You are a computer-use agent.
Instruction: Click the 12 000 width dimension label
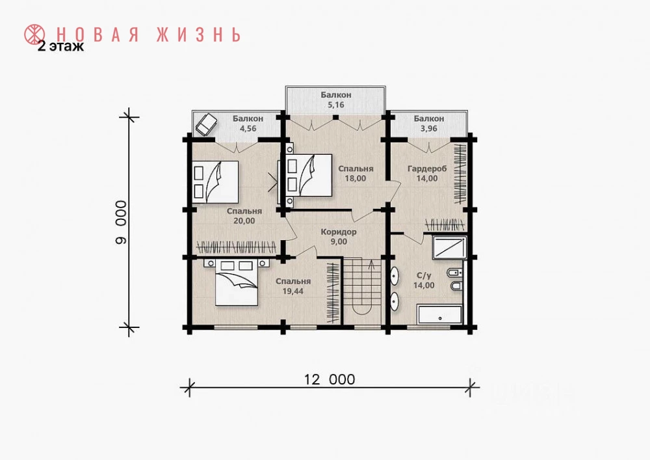click(x=330, y=379)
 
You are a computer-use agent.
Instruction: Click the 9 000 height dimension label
click(x=121, y=223)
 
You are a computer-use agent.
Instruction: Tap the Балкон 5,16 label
click(x=336, y=100)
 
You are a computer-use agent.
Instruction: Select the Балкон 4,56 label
click(x=248, y=124)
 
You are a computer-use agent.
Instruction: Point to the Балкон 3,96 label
click(x=428, y=124)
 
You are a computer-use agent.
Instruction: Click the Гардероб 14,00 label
click(x=427, y=174)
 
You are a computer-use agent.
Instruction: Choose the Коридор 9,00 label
click(x=339, y=237)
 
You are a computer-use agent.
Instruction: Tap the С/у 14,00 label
click(x=424, y=280)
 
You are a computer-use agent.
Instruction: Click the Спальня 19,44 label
click(x=293, y=286)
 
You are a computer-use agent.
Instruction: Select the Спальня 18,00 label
click(x=356, y=174)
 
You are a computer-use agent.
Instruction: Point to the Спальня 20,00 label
click(x=244, y=216)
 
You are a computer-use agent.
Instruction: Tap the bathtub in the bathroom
click(x=440, y=315)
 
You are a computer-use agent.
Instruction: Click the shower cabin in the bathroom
click(x=449, y=248)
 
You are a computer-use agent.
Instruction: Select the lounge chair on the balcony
click(x=207, y=124)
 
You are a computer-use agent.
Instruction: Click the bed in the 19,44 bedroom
click(x=235, y=283)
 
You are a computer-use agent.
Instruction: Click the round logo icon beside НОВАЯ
click(x=35, y=35)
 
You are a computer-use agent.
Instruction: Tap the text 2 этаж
click(x=61, y=46)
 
